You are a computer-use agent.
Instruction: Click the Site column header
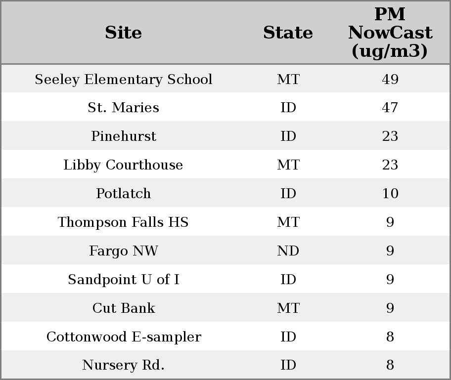(123, 33)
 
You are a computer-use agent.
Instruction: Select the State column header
(288, 33)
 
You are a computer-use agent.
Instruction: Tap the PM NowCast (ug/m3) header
(390, 33)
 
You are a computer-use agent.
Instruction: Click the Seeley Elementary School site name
(123, 80)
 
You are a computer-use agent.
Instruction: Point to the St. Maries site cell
(123, 108)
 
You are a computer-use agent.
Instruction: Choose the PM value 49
(390, 80)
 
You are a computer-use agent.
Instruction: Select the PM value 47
(390, 108)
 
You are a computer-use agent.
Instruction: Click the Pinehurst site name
(123, 136)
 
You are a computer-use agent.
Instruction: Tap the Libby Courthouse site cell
(123, 165)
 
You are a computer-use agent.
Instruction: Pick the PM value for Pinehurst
(390, 136)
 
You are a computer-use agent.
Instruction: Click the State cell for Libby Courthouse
(288, 165)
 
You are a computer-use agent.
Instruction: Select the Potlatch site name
(123, 194)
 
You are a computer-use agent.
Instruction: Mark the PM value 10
(390, 194)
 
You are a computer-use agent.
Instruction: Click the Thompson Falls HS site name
(123, 222)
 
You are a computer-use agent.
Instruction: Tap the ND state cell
(288, 251)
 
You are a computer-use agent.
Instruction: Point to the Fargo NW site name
(123, 251)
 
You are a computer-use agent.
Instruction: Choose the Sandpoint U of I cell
(123, 280)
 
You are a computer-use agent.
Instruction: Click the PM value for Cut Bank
(390, 308)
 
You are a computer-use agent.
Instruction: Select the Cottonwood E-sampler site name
(123, 337)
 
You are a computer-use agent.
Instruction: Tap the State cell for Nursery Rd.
(288, 365)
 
